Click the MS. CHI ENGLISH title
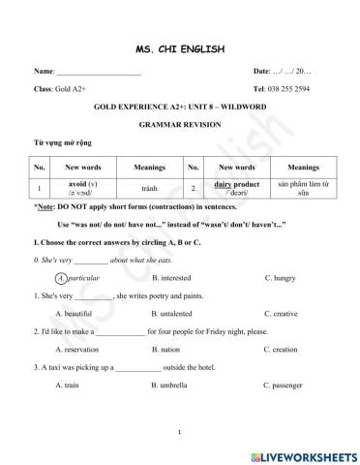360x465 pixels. [180, 48]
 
